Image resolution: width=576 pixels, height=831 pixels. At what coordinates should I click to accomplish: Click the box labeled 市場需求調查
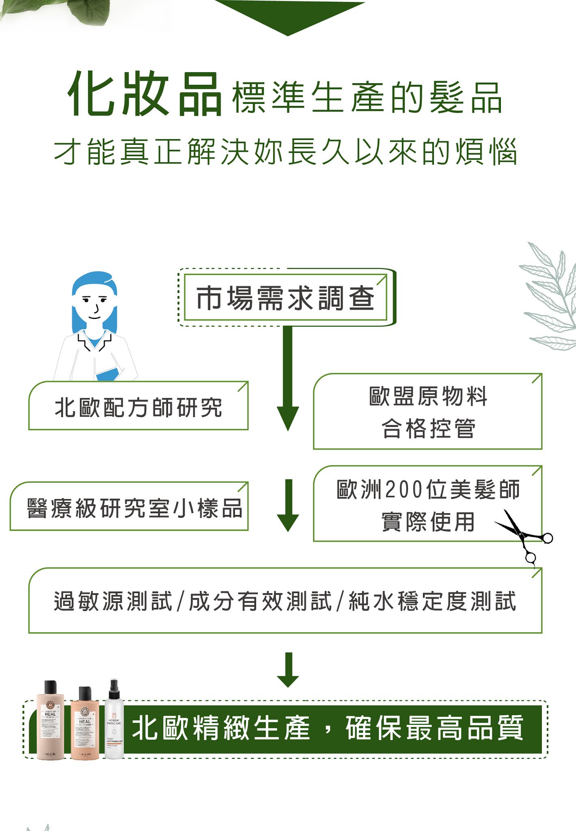[286, 298]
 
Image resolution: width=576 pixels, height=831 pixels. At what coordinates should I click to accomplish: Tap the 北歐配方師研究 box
[138, 407]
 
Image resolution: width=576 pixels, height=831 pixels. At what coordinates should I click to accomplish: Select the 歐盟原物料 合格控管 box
[428, 412]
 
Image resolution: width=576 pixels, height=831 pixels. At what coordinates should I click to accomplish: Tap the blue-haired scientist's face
[94, 304]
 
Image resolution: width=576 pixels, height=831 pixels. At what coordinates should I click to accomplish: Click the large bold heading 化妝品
[145, 95]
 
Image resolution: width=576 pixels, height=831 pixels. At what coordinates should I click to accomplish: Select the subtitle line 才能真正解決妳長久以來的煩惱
[286, 152]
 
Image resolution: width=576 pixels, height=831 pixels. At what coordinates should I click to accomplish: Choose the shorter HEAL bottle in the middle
[85, 724]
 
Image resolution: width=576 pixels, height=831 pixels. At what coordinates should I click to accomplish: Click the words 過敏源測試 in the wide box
[113, 601]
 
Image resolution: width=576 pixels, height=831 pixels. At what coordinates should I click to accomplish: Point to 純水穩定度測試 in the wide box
[432, 601]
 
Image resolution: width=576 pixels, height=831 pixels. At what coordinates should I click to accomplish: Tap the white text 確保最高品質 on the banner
[434, 729]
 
